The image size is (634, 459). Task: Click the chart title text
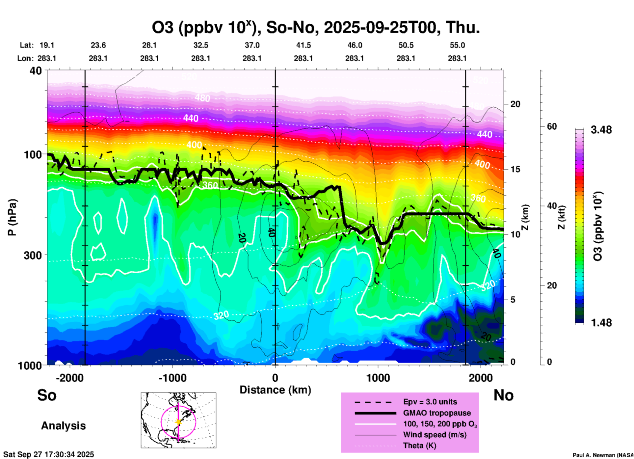(x=315, y=27)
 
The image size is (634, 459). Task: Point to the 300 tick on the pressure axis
(x=33, y=255)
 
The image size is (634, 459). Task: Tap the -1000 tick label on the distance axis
(x=172, y=378)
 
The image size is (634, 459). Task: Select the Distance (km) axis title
(x=275, y=390)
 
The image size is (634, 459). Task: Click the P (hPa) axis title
(x=12, y=217)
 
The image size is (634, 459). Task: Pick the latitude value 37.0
(x=252, y=45)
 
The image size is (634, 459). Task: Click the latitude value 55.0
(x=457, y=45)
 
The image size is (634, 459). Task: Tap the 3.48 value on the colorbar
(x=601, y=130)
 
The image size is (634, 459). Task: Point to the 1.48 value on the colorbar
(x=601, y=323)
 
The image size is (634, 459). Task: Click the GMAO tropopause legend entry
(x=437, y=413)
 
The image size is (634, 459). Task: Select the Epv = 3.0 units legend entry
(x=430, y=402)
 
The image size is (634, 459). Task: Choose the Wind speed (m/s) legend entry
(x=435, y=435)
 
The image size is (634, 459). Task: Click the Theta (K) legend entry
(x=419, y=445)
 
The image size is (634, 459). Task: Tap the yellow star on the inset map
(x=178, y=422)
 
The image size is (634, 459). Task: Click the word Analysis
(x=63, y=426)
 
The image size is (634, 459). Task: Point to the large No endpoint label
(x=503, y=395)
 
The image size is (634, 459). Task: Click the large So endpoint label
(x=47, y=395)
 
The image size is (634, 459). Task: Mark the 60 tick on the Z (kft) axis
(x=552, y=126)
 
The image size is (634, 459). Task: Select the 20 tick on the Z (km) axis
(x=515, y=104)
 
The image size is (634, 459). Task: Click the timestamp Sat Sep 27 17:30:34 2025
(x=49, y=454)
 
